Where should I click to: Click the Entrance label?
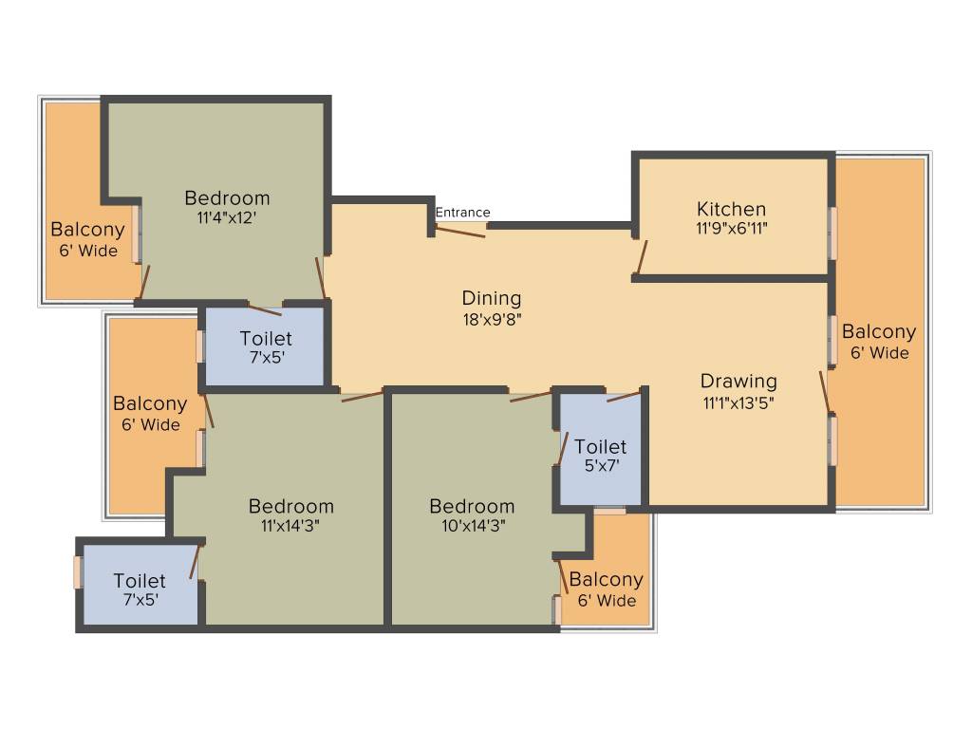[462, 213]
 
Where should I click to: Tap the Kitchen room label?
[731, 209]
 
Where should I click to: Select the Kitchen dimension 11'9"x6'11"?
[731, 229]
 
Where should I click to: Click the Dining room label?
[492, 298]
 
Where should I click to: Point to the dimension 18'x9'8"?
[492, 319]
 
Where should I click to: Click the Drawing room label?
[738, 382]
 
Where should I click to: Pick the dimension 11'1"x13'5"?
[738, 402]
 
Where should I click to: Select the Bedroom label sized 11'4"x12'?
[227, 197]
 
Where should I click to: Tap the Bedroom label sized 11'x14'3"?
[290, 506]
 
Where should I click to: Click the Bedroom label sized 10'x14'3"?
[471, 506]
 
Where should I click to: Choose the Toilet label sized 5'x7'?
[600, 446]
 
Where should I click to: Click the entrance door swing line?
[460, 231]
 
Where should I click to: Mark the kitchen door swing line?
[642, 257]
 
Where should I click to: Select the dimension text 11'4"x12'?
[227, 217]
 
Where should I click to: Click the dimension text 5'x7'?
[600, 466]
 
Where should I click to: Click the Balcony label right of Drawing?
[879, 332]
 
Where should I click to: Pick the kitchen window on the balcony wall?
[832, 233]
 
